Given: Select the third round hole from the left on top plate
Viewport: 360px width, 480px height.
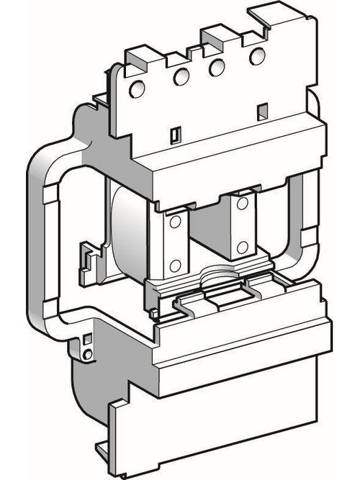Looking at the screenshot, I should (213, 66).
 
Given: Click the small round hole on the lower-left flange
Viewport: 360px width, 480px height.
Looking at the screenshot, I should (89, 354).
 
